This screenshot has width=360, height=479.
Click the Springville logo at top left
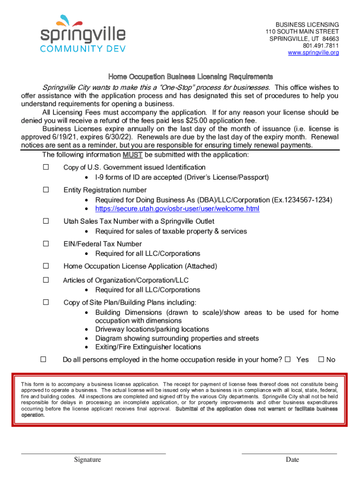coord(82,34)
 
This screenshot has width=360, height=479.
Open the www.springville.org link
coord(313,53)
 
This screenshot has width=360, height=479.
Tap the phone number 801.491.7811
coord(321,46)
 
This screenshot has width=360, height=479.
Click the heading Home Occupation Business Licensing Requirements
coord(190,76)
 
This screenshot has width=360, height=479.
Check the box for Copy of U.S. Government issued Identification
coord(46,167)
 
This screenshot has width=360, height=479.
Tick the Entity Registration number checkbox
coord(46,190)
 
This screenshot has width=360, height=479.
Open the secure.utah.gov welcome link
coord(177,209)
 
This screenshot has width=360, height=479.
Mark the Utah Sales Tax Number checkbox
coord(46,221)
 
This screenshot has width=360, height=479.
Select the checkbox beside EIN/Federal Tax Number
coord(46,244)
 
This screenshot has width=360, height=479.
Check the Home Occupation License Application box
coord(46,266)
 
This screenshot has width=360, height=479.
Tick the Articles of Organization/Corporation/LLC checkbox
coord(46,280)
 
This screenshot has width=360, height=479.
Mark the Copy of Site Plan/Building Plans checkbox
coord(46,302)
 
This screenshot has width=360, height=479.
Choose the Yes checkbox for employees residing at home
coord(288,359)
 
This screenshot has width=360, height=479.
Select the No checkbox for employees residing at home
coord(321,359)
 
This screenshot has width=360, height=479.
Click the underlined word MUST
coord(132,155)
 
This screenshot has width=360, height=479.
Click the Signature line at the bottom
coord(94,453)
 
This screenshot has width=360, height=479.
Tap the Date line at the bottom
coord(289,453)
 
